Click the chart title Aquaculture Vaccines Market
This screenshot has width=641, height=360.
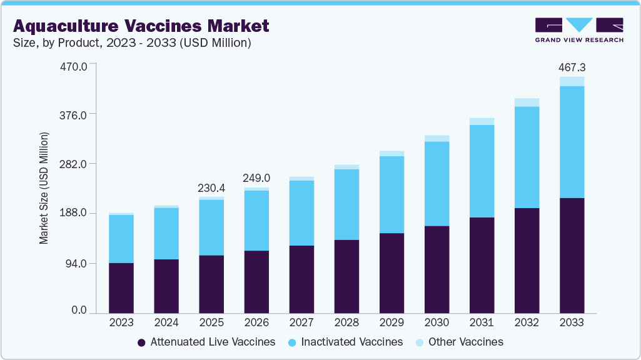pyautogui.click(x=141, y=26)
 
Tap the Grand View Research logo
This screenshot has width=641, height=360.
pyautogui.click(x=579, y=29)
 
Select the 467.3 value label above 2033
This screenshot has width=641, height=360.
pyautogui.click(x=572, y=67)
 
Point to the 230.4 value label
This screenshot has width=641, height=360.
pyautogui.click(x=211, y=187)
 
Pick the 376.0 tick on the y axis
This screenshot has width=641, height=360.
pyautogui.click(x=78, y=114)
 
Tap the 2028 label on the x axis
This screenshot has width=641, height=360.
pyautogui.click(x=346, y=322)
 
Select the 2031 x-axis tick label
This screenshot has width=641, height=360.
pyautogui.click(x=482, y=322)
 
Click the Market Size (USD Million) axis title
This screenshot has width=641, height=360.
pyautogui.click(x=44, y=188)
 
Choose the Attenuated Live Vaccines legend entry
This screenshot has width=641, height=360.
pyautogui.click(x=206, y=342)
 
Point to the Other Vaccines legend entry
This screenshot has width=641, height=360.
pyautogui.click(x=459, y=342)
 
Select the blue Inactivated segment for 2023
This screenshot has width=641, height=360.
pyautogui.click(x=121, y=239)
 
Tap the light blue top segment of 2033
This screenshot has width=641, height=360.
pyautogui.click(x=572, y=81)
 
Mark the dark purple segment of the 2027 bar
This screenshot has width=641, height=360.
pyautogui.click(x=301, y=279)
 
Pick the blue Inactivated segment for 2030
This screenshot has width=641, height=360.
pyautogui.click(x=437, y=184)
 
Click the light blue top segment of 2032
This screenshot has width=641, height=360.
pyautogui.click(x=527, y=102)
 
